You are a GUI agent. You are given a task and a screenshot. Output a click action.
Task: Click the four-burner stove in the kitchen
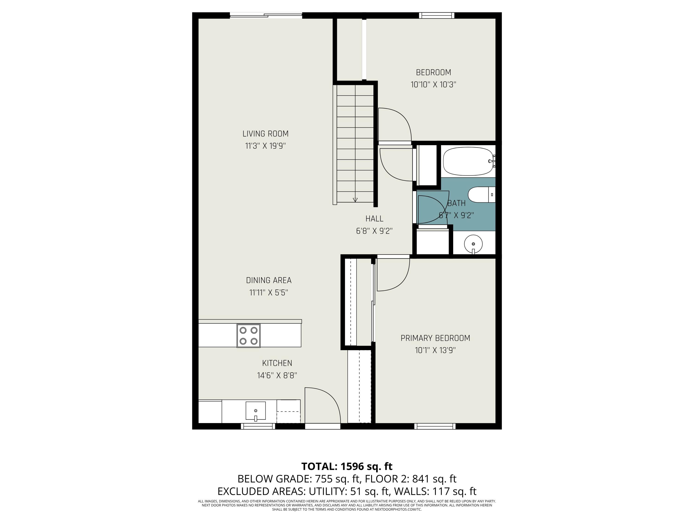pos(248,335)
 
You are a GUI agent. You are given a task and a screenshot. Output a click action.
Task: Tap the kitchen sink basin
pos(255,411)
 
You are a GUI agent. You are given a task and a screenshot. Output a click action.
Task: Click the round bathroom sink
pos(473,244)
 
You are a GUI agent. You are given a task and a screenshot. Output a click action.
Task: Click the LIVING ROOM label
pos(265,134)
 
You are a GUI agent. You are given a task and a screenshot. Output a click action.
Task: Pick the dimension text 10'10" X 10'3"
pos(433,85)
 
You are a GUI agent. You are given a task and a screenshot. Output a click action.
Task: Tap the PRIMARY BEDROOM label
pos(435,338)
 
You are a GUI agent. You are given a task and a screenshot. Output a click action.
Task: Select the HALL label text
pos(374,219)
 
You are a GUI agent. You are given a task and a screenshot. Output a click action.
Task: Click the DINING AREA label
pos(269,280)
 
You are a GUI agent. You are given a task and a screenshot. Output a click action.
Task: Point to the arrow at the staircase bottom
pos(355,200)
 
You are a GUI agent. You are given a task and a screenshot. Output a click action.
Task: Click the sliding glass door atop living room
pos(266,15)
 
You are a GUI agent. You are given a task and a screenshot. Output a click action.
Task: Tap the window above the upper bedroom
pos(437,15)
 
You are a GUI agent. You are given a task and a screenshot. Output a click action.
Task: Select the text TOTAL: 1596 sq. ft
pos(347,466)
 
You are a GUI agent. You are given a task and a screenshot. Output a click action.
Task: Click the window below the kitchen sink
pos(258,426)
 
